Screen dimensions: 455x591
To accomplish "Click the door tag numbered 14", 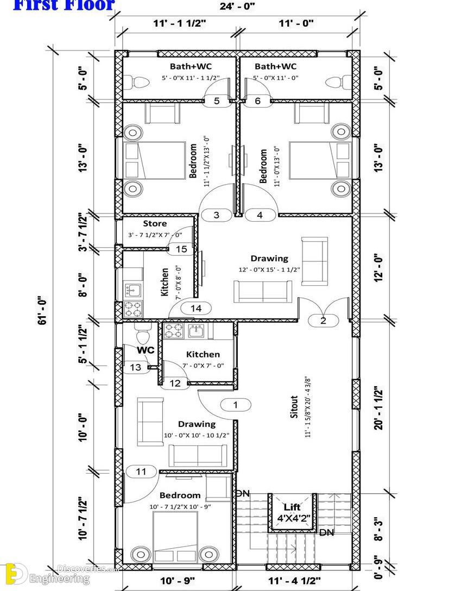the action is click(x=196, y=309).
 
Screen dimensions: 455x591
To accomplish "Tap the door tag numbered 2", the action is click(x=323, y=320).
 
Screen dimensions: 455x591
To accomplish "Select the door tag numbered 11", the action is click(x=141, y=471).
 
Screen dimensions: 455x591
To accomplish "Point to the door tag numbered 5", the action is click(x=217, y=101).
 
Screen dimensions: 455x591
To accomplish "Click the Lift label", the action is click(x=292, y=507).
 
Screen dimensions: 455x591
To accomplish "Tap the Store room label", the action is click(x=155, y=223).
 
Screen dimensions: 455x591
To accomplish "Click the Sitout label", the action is click(x=294, y=407).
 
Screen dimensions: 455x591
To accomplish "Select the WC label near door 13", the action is click(x=146, y=350).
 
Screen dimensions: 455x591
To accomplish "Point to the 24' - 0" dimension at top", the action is click(x=237, y=6).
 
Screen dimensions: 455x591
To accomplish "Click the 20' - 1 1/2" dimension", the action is click(x=379, y=408).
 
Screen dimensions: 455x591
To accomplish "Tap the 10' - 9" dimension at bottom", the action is click(x=178, y=581).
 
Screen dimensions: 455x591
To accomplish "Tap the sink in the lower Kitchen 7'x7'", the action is click(x=196, y=331).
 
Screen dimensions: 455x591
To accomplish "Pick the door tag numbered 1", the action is click(x=236, y=405).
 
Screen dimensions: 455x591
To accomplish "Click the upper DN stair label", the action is click(x=243, y=493).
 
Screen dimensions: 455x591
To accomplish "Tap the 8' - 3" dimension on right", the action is click(x=379, y=530).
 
